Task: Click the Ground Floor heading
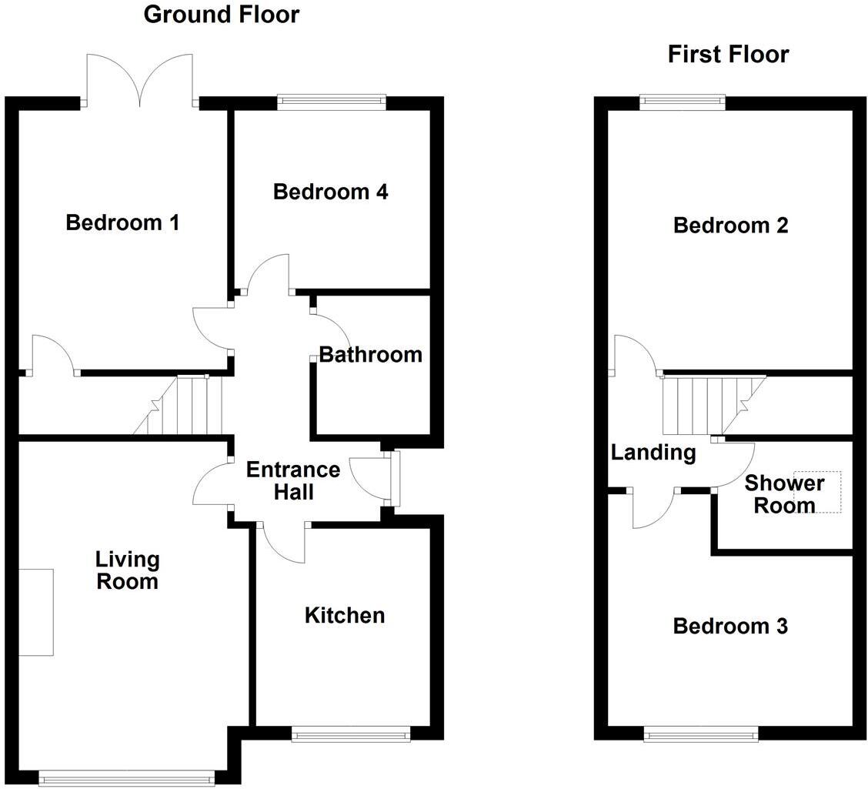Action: pos(222,14)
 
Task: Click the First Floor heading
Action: pos(728,55)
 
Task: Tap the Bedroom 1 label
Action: pos(122,223)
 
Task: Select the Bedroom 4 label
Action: pos(330,192)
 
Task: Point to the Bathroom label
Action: pos(370,355)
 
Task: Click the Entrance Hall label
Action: pos(292,480)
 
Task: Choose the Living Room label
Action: pos(127,570)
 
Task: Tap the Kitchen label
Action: pos(345,615)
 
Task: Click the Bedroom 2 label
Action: pos(730,226)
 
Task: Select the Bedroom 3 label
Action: pos(730,626)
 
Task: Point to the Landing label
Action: pos(653,453)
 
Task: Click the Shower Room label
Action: pos(783,494)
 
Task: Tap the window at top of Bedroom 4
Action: pos(332,99)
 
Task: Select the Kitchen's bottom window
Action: pos(351,735)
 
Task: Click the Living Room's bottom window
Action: pos(127,780)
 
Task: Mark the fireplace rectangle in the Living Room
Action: pos(35,612)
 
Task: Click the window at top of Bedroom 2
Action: pos(682,99)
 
